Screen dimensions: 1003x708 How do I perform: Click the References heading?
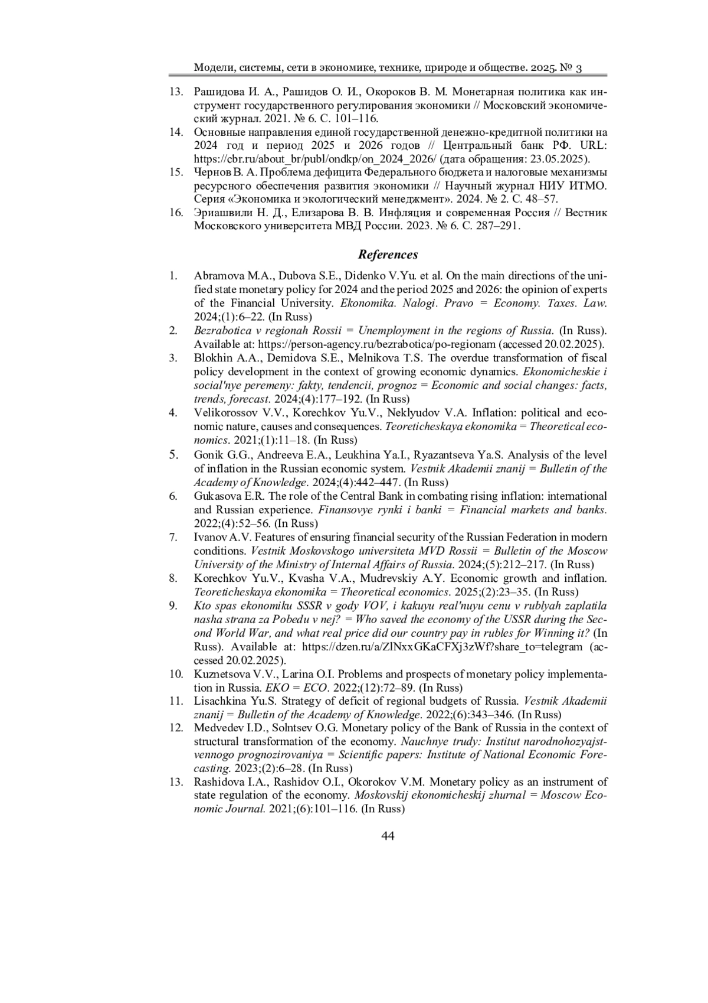tap(388, 255)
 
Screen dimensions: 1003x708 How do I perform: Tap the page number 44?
tap(388, 835)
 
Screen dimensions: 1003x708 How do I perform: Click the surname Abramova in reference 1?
tap(218, 276)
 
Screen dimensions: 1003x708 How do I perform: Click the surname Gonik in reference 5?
tap(208, 455)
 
